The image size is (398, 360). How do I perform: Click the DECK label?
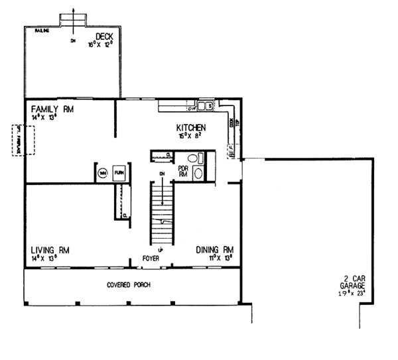pos(103,36)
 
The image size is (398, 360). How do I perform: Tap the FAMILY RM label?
pos(50,108)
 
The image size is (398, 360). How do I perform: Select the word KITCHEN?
pos(190,127)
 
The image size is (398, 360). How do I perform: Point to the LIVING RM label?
pos(50,250)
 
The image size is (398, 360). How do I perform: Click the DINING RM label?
pos(215,250)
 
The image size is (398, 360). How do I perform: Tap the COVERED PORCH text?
pos(128,285)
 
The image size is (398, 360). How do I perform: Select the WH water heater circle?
pos(103,172)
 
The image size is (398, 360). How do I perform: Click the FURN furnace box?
pos(120,172)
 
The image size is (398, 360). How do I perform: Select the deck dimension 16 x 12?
pos(103,44)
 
